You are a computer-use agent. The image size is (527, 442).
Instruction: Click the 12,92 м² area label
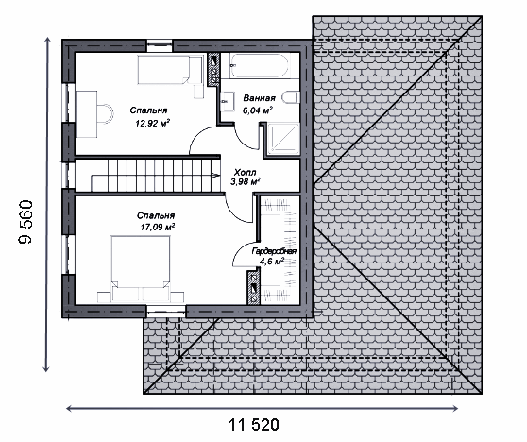[152, 123]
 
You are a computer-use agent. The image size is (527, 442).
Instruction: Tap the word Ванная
[260, 98]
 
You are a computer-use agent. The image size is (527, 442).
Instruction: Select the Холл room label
[245, 173]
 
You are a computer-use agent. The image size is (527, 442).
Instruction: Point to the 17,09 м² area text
[158, 227]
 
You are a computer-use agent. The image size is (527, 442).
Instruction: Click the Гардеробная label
[274, 252]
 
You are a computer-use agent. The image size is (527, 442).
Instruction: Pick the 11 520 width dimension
[254, 425]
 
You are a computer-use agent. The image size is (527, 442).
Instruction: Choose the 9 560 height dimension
[26, 222]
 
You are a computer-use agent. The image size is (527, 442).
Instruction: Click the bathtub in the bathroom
[259, 65]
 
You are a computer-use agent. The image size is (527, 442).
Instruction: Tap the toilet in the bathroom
[291, 97]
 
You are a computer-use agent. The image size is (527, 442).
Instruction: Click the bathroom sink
[225, 100]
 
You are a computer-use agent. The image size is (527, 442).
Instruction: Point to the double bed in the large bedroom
[141, 269]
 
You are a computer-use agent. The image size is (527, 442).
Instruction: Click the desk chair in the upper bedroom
[105, 114]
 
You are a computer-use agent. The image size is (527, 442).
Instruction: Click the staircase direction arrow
[215, 174]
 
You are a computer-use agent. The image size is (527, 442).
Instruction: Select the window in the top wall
[160, 45]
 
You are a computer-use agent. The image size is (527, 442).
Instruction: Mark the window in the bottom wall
[166, 312]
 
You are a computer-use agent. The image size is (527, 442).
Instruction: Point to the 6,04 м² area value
[258, 110]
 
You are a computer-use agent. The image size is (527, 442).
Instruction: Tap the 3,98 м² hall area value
[246, 182]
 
